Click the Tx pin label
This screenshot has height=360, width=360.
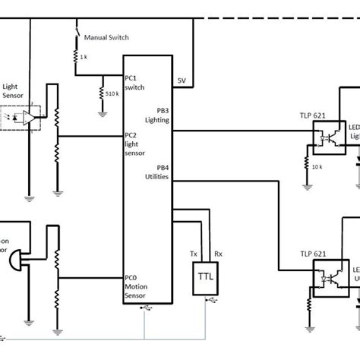[192, 254]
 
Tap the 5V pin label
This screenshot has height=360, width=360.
[182, 80]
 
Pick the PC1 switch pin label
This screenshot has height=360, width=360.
[136, 83]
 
